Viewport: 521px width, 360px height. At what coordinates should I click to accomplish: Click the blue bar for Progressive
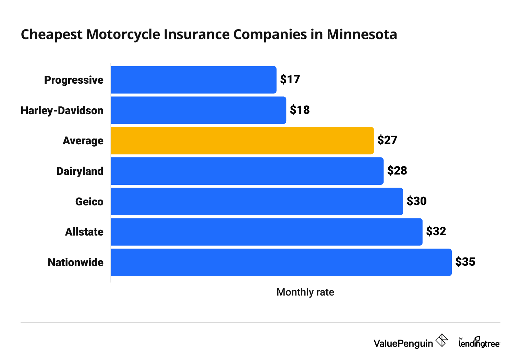click(193, 80)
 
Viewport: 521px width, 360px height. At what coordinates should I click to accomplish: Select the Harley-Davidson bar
click(198, 110)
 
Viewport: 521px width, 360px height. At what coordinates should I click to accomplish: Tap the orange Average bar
click(242, 141)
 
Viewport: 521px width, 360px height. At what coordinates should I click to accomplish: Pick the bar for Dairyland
click(247, 171)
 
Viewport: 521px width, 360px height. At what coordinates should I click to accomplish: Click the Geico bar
click(257, 202)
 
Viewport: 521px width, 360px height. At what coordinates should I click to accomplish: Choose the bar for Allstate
click(266, 232)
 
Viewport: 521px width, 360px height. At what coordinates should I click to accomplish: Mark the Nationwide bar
click(281, 262)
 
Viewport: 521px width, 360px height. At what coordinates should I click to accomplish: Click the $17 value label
click(290, 80)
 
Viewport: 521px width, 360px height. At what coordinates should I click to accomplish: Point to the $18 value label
click(300, 110)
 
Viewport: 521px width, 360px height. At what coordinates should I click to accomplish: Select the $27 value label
click(387, 140)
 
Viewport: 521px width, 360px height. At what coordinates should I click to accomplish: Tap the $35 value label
click(465, 262)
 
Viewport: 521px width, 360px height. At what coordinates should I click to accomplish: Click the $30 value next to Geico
click(416, 201)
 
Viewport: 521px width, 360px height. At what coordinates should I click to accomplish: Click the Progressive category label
click(74, 80)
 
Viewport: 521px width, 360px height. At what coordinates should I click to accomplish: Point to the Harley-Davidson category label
click(62, 110)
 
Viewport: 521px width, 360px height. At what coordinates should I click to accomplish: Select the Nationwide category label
click(75, 263)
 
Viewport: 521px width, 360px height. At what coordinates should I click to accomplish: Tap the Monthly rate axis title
click(305, 292)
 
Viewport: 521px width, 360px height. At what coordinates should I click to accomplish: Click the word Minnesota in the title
click(362, 35)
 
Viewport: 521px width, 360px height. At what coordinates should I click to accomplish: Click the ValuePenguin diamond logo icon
click(441, 340)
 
